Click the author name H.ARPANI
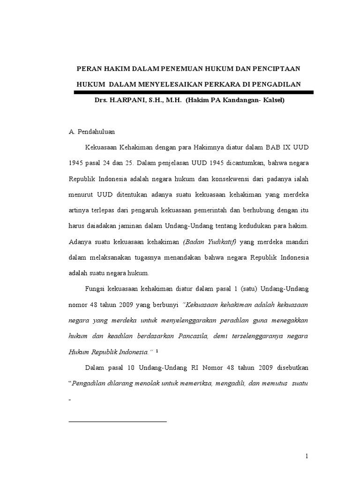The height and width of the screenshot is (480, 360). [x=123, y=101]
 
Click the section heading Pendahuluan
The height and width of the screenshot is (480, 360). [x=96, y=132]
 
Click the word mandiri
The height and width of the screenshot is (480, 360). [x=297, y=242]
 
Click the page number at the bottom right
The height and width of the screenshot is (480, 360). [x=307, y=456]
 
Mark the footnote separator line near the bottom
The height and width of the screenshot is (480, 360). [x=118, y=421]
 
